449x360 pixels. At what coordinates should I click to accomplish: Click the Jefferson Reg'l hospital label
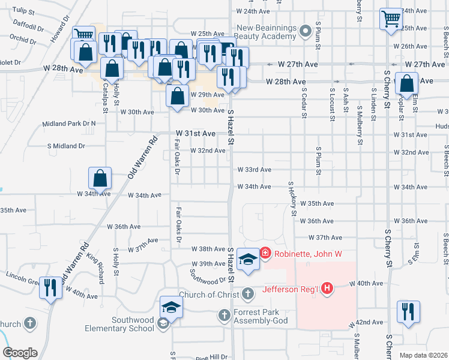[x=291, y=289]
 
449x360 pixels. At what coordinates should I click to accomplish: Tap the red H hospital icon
[x=327, y=289]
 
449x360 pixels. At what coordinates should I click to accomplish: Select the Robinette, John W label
[x=308, y=254]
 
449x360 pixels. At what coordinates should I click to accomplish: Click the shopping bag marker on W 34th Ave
[x=100, y=179]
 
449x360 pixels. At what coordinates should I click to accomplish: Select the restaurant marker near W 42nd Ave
[x=409, y=312]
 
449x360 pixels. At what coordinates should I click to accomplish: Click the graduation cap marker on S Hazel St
[x=247, y=259]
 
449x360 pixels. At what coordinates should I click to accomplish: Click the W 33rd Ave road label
[x=254, y=170]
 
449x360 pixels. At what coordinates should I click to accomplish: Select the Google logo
[x=20, y=353]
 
